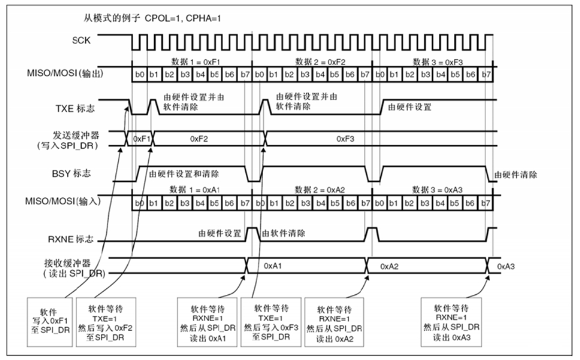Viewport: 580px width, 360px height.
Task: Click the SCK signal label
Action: click(x=81, y=40)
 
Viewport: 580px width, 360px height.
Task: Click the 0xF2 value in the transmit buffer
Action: click(x=198, y=139)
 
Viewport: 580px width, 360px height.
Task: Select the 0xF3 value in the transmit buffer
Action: click(x=345, y=139)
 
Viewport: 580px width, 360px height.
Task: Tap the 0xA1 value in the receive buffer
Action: click(x=273, y=266)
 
